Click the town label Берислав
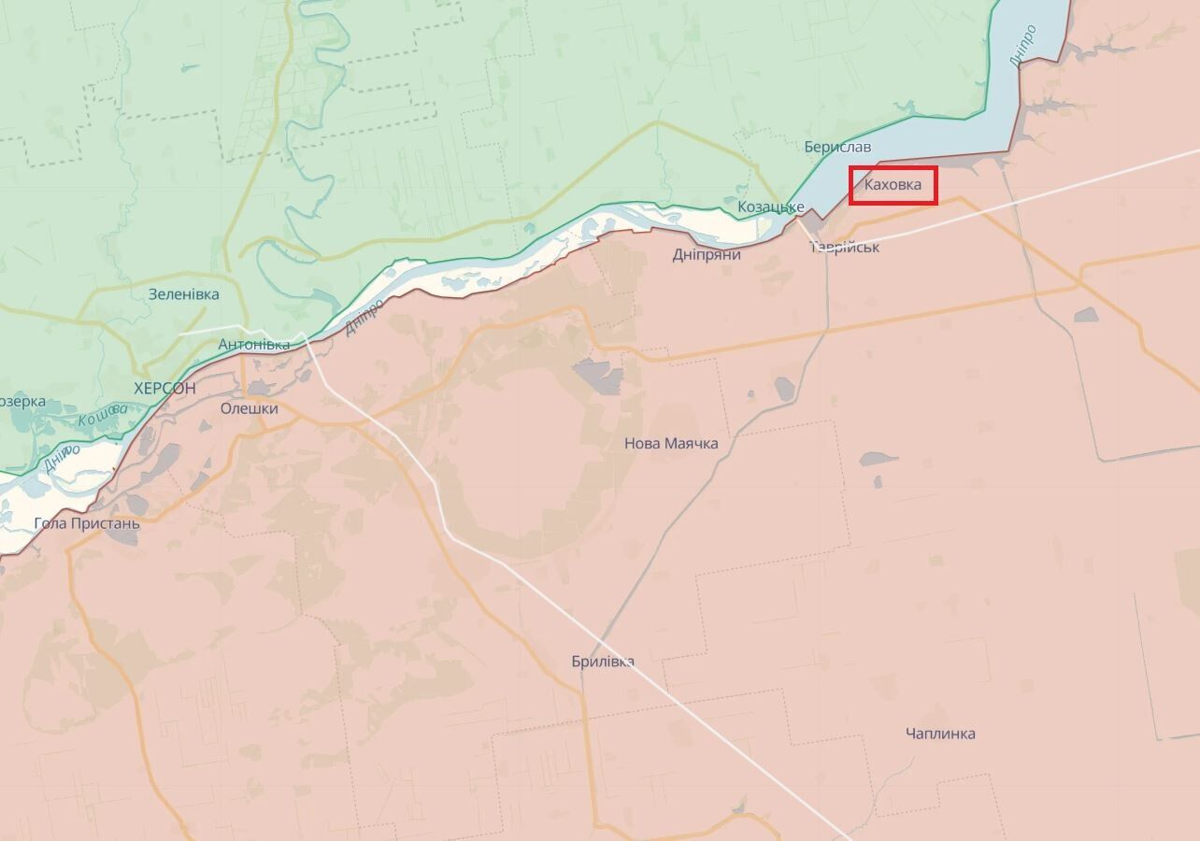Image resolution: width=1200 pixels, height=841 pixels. click(837, 148)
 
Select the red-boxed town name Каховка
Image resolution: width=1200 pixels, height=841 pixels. click(893, 185)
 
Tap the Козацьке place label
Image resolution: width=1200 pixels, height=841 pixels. click(771, 207)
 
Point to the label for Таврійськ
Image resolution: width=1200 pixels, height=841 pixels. click(845, 248)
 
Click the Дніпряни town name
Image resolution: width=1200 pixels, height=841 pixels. click(707, 254)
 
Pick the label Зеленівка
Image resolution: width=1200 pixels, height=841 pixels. click(184, 294)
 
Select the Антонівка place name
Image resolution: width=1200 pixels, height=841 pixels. click(254, 345)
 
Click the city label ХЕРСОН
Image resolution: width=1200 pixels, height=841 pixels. click(164, 388)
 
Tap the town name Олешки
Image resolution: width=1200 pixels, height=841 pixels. click(250, 408)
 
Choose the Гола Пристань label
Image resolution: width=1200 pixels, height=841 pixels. click(87, 523)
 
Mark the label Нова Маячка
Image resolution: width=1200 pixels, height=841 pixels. click(671, 443)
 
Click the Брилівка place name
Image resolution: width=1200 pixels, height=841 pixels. click(603, 662)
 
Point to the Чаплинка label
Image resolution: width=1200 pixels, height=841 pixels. click(940, 734)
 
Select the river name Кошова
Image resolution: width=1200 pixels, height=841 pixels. click(103, 414)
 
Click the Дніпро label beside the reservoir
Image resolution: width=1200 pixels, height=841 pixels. click(1023, 45)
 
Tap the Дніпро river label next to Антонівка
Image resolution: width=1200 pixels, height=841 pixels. click(364, 319)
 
